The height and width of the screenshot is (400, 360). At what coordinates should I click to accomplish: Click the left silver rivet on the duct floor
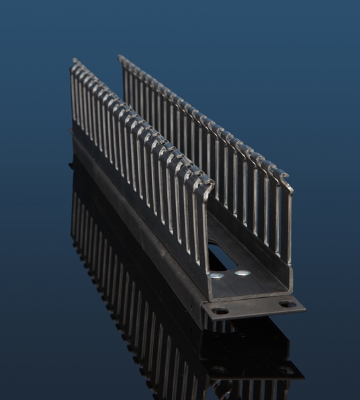[216, 275]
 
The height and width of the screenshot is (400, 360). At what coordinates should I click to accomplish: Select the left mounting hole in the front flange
[219, 311]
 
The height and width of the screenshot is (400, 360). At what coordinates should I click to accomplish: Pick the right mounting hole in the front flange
[287, 304]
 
